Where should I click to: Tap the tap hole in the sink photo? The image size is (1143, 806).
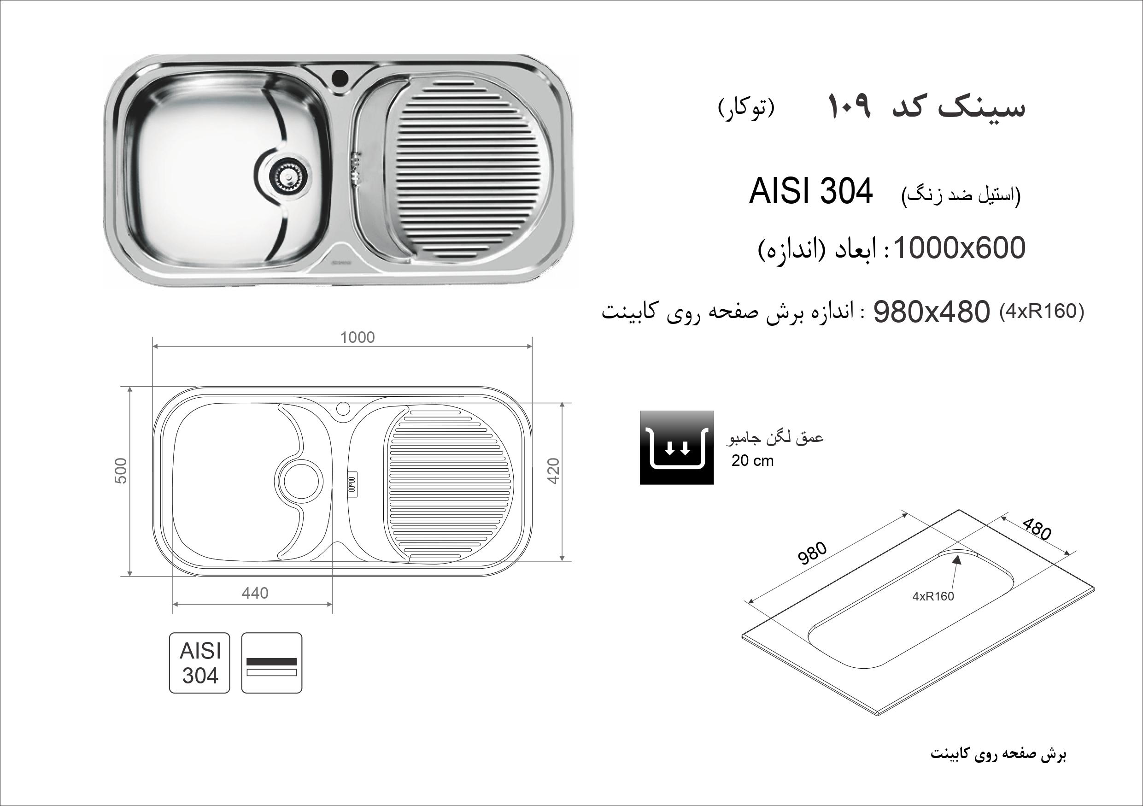coord(340,78)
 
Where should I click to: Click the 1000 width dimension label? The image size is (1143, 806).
coord(358,337)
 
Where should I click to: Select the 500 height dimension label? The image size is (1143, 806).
coord(122,471)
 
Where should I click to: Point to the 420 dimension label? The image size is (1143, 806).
coord(554,471)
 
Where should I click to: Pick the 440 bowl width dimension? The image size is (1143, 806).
coord(255,593)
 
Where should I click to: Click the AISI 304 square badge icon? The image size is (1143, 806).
coord(199,663)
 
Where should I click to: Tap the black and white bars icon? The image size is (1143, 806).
coord(272,663)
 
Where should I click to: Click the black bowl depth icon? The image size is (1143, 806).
coord(677,447)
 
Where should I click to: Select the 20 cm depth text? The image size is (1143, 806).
coord(752,461)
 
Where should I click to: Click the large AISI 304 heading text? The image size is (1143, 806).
coord(810,192)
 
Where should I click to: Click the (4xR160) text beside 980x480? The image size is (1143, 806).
coord(1042,312)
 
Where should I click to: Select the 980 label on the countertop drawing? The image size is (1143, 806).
coord(812,553)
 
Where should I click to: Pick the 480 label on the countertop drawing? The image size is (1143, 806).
coord(1037,529)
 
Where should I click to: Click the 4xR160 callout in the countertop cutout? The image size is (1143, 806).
coord(933,596)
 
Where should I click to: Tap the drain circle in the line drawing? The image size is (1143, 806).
coord(300,482)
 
